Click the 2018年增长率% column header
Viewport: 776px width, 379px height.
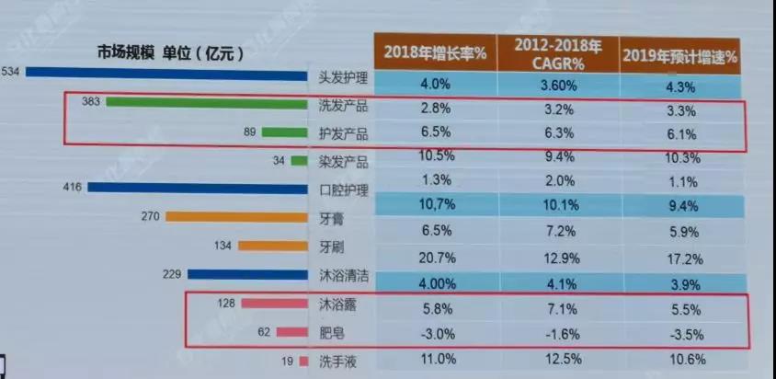click(x=435, y=52)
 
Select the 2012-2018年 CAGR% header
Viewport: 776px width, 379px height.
click(x=557, y=52)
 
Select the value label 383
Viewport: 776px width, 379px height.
click(x=91, y=102)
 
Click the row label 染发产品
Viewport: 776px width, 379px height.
click(x=342, y=162)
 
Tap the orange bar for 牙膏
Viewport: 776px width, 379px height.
click(x=236, y=217)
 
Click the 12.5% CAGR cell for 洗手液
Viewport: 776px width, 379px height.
click(x=557, y=360)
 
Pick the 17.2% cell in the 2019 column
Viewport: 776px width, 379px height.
click(x=679, y=247)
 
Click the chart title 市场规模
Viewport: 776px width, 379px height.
click(x=128, y=53)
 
